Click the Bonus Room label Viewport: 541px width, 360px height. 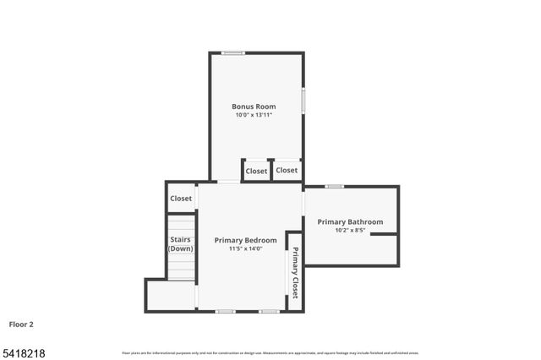click(254, 106)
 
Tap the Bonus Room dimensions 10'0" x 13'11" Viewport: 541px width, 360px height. click(254, 115)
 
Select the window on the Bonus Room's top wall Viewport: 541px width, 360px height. click(232, 53)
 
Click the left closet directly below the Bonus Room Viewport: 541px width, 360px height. click(256, 171)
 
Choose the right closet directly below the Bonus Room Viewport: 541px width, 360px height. click(287, 170)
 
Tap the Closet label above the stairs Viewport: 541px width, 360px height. click(181, 199)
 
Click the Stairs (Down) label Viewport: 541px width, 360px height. click(180, 244)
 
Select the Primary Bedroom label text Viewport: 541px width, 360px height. click(245, 240)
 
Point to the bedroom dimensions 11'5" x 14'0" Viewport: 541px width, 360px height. click(245, 248)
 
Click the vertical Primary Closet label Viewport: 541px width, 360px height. click(295, 272)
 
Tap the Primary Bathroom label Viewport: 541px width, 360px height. click(350, 221)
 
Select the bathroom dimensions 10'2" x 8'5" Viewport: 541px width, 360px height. click(350, 230)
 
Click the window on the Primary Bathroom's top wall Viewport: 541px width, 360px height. click(335, 186)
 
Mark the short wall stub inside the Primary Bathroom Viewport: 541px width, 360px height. click(384, 234)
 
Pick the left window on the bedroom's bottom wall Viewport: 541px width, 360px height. click(225, 311)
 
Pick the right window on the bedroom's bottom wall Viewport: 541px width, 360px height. click(269, 311)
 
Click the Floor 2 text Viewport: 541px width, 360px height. click(21, 324)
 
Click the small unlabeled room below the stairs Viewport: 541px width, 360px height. click(171, 296)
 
